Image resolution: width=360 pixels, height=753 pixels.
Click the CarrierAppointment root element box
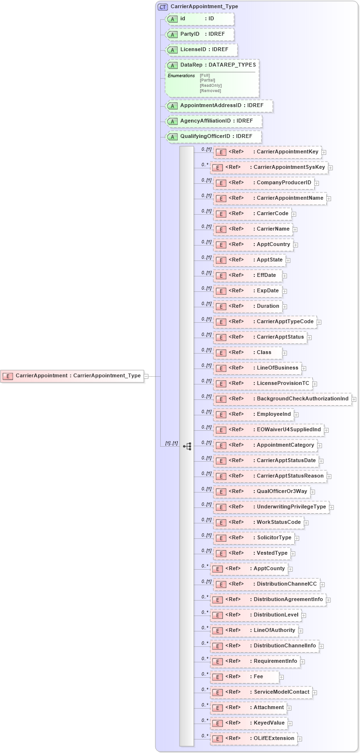click(72, 376)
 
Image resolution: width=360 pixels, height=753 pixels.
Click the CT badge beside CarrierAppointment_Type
click(163, 7)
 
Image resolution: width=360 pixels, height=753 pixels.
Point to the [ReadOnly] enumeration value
click(211, 85)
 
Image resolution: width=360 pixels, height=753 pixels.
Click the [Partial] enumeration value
click(208, 80)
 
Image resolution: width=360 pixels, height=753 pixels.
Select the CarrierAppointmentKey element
click(267, 152)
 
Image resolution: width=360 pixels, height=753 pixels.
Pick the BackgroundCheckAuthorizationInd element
click(282, 399)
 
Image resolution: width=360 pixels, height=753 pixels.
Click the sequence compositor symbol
click(187, 447)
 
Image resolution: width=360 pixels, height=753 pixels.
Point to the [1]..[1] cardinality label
click(171, 443)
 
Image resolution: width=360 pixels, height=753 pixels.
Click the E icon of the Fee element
click(218, 677)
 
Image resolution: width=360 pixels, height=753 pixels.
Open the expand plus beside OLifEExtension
click(300, 739)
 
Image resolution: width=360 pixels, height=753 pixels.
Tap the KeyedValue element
click(249, 723)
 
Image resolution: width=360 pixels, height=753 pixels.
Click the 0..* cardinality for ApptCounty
click(205, 566)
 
